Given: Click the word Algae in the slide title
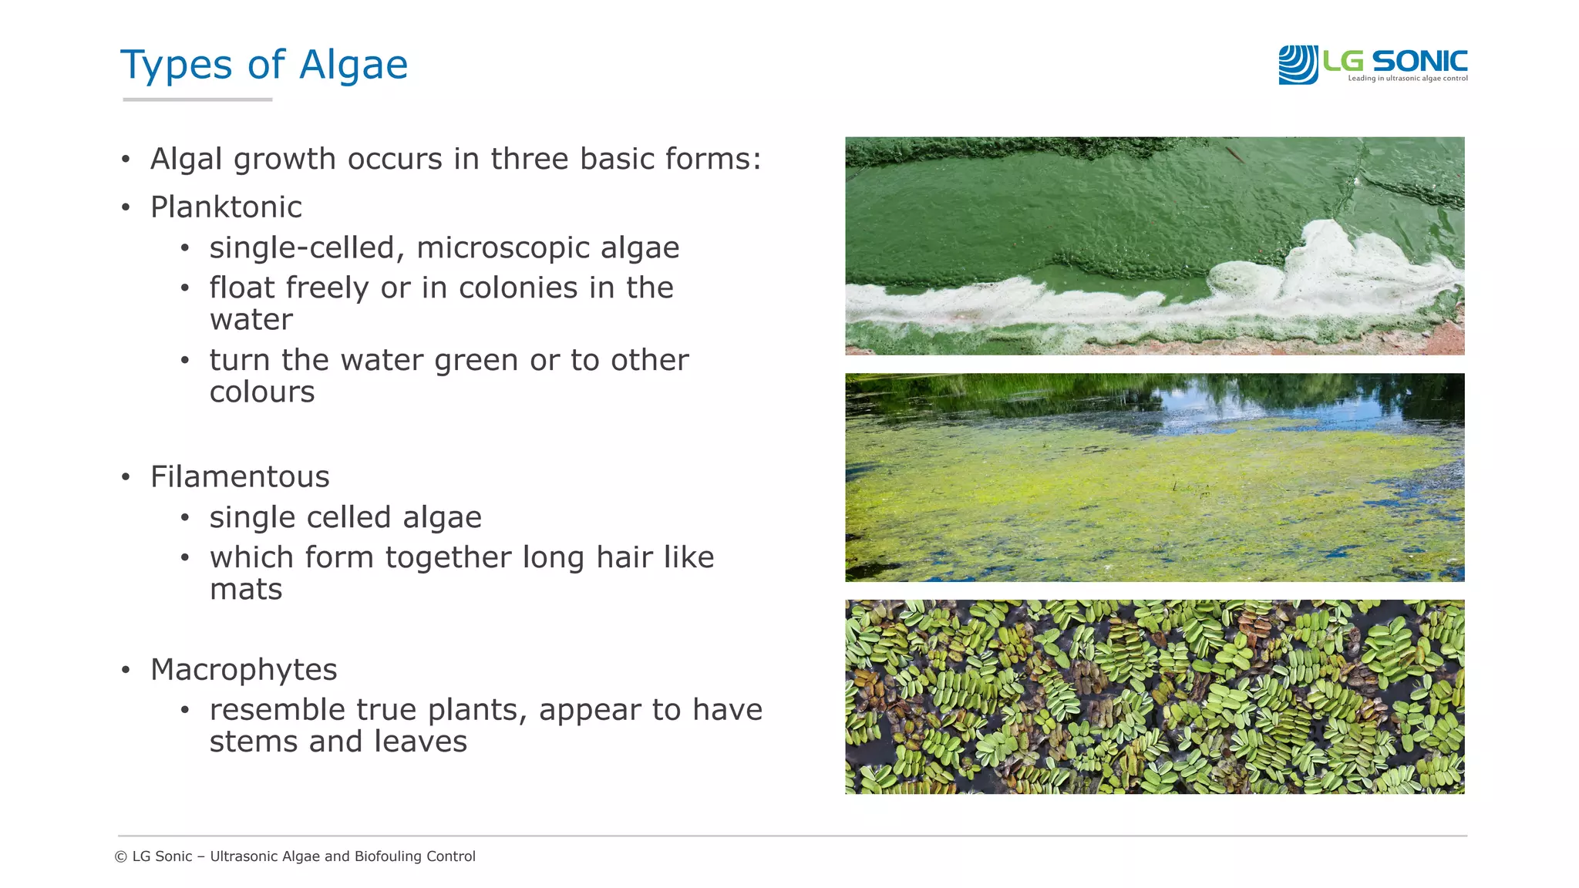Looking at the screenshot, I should (353, 65).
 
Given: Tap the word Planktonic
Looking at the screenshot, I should (226, 207).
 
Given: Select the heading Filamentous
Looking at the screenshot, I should (240, 476).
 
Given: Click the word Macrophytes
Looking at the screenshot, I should (244, 669).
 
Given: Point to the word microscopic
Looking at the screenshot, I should (503, 247).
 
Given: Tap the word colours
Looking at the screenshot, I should (262, 392).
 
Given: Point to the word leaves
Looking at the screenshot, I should (420, 742).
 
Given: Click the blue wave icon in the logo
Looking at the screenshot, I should (1298, 65).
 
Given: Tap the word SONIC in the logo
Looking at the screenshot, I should (1419, 60).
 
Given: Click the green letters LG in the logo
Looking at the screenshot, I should (1343, 60).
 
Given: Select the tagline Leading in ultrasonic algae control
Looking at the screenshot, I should (1407, 79).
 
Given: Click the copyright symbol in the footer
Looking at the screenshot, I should (120, 856).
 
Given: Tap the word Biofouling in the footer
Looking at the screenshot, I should (390, 856).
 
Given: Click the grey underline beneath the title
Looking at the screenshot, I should (197, 99).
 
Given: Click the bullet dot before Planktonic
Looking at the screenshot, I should (126, 207).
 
